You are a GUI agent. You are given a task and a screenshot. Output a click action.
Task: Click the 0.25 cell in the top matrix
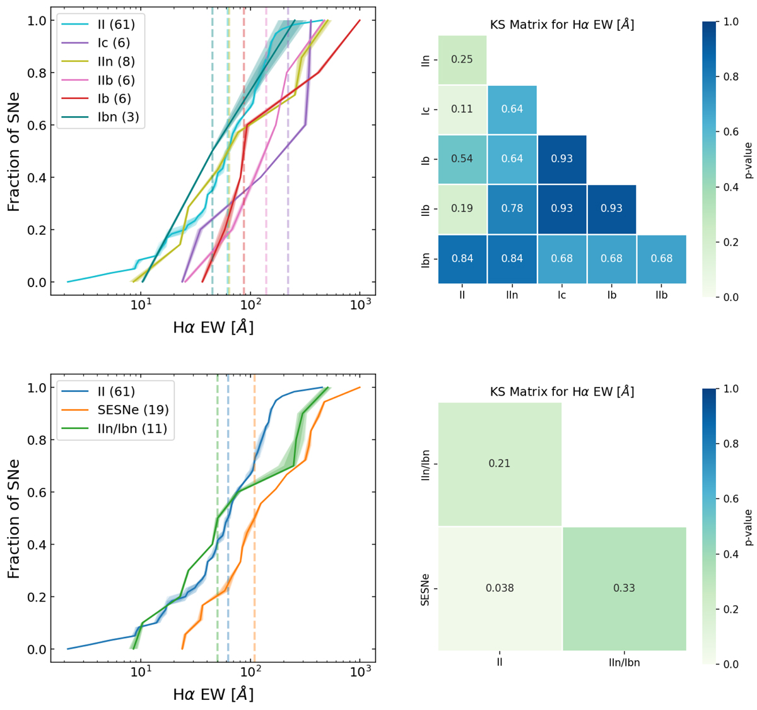pyautogui.click(x=462, y=59)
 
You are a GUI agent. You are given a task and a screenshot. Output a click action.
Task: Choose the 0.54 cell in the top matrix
pyautogui.click(x=462, y=158)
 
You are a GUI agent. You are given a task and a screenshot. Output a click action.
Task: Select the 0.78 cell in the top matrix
pyautogui.click(x=512, y=208)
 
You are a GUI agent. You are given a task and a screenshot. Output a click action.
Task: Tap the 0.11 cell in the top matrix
pyautogui.click(x=462, y=109)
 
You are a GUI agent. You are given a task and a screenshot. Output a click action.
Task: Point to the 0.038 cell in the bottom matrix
pyautogui.click(x=500, y=588)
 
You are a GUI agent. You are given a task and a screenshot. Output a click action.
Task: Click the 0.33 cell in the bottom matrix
pyautogui.click(x=624, y=588)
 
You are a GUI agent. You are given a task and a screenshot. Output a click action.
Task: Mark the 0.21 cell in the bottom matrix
pyautogui.click(x=500, y=463)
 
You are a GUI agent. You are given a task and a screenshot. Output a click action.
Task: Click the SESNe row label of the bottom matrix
pyautogui.click(x=425, y=589)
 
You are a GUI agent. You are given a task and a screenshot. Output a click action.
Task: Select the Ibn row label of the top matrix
pyautogui.click(x=425, y=258)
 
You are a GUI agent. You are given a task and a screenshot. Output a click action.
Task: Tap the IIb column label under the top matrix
pyautogui.click(x=661, y=295)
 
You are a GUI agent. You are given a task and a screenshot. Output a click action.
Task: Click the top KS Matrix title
pyautogui.click(x=561, y=25)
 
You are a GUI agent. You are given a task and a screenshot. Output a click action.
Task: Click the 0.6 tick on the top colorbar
pyautogui.click(x=732, y=132)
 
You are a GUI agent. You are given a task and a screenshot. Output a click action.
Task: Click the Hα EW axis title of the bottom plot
pyautogui.click(x=213, y=695)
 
